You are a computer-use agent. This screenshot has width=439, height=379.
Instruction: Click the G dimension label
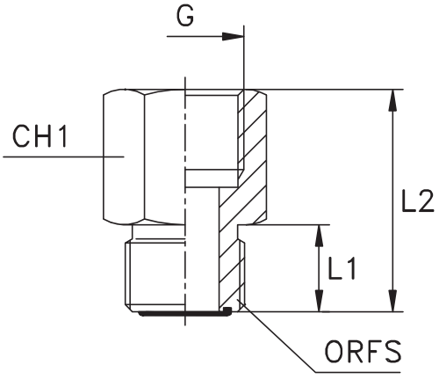185,16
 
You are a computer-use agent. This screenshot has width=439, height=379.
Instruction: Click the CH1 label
40,136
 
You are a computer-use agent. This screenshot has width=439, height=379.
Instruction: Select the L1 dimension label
342,268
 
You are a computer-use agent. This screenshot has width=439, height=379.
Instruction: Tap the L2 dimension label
417,201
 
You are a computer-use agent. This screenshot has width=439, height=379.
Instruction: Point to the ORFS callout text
363,352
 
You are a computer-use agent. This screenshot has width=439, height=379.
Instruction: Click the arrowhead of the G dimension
233,37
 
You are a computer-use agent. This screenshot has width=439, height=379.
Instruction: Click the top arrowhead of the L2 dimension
392,100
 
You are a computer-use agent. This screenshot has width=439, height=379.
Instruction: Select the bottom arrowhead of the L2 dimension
392,301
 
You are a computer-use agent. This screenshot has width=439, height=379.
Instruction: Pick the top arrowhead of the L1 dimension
320,236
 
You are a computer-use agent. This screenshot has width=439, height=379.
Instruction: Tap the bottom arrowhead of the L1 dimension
320,301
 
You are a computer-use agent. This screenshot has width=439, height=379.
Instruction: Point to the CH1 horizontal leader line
63,157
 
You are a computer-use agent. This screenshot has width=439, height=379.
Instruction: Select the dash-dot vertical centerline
185,201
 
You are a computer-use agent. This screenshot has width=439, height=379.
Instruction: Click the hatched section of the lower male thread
231,266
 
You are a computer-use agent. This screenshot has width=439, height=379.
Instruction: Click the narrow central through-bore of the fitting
202,249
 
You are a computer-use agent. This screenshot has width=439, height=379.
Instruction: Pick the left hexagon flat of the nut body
124,157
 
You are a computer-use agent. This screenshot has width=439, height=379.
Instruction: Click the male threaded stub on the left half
155,274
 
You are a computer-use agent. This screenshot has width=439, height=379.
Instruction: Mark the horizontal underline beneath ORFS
358,373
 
